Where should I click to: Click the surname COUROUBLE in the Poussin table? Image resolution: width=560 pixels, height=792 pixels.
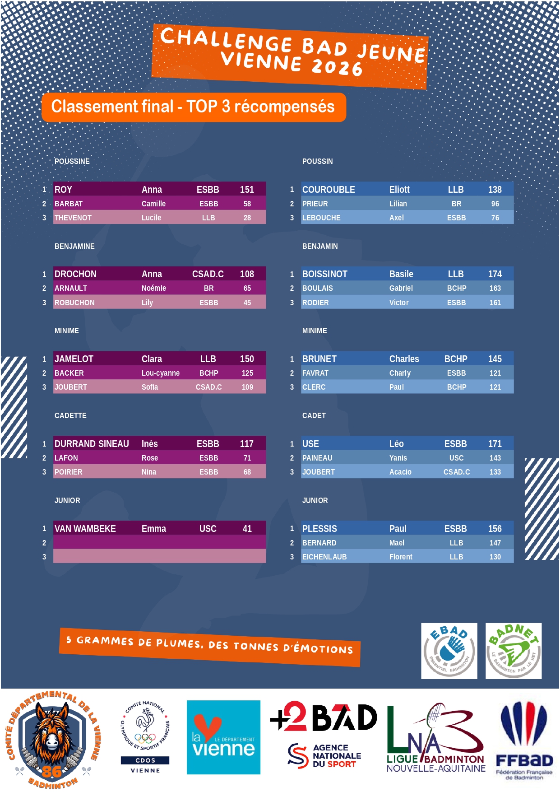pos(329,190)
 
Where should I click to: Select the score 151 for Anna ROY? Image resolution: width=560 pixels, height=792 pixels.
pos(247,190)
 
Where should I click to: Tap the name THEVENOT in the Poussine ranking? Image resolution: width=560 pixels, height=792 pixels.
pos(73,218)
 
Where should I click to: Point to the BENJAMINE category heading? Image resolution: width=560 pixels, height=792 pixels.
pos(74,246)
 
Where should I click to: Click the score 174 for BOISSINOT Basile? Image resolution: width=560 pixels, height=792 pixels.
pos(495,274)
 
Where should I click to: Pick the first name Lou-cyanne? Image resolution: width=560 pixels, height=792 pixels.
pos(161,373)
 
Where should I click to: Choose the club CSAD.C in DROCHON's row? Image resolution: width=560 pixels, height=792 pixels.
pos(208,274)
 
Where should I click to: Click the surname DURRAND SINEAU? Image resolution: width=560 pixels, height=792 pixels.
pos(92,444)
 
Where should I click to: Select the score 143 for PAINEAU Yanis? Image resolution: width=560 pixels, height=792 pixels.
pos(495,458)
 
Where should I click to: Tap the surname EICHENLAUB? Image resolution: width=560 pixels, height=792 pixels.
pos(324,557)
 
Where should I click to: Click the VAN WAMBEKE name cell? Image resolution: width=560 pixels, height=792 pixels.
pos(85,529)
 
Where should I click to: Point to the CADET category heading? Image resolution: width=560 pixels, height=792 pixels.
pos(314,415)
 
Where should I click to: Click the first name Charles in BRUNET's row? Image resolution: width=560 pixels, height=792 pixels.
pos(404,359)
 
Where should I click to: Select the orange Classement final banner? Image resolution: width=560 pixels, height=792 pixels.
pos(194,107)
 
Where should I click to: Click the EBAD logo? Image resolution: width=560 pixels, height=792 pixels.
pos(449,651)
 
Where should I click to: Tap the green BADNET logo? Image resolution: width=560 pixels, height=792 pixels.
pos(514,651)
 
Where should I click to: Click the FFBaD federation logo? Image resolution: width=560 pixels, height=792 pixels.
pos(524,741)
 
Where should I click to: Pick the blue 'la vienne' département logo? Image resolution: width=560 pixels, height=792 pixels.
pos(223,737)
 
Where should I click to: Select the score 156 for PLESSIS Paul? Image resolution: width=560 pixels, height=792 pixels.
pos(495,529)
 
